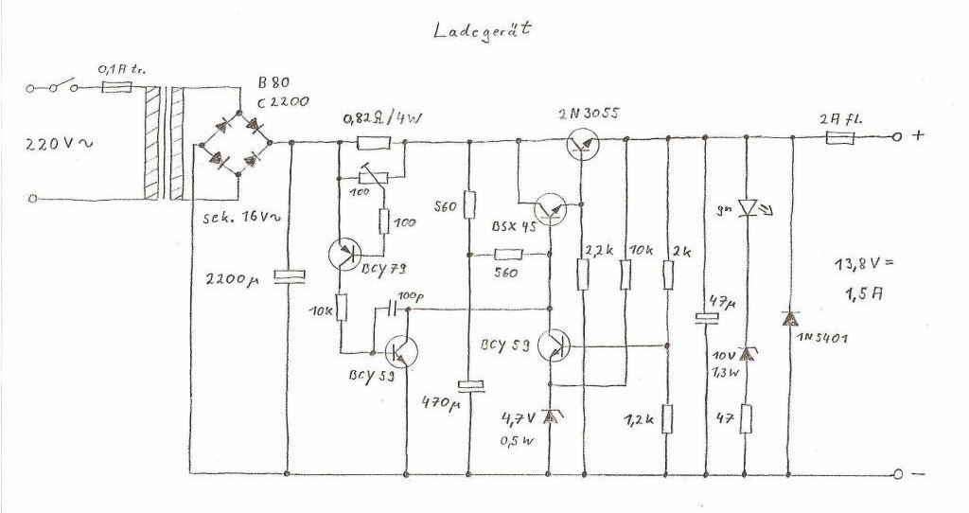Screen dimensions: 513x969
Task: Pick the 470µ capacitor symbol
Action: tap(470, 385)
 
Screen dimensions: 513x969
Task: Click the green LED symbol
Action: tap(748, 206)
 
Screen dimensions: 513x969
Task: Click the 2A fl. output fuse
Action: tap(840, 137)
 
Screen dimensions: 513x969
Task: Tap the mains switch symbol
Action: tap(55, 88)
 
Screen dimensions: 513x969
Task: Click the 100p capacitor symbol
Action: tap(393, 309)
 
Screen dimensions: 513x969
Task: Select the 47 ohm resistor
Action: tap(748, 416)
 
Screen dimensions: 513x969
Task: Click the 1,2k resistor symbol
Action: tap(669, 416)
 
